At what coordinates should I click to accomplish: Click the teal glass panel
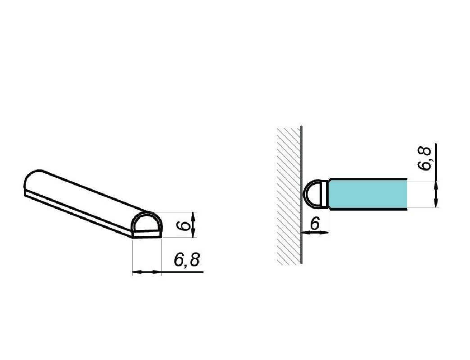368,194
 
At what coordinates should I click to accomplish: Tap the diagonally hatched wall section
289,196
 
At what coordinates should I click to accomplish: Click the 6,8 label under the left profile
187,259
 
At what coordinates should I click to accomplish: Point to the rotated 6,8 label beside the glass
424,158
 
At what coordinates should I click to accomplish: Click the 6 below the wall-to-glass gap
315,223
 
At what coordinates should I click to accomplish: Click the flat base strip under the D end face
147,234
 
